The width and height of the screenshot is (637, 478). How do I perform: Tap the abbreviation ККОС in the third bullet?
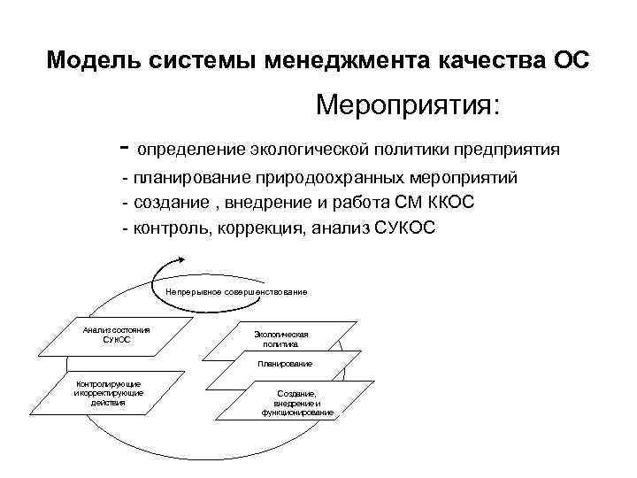point(449,203)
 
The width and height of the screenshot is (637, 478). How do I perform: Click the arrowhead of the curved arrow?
point(181,258)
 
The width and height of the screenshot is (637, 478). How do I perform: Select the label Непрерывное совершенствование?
point(236,291)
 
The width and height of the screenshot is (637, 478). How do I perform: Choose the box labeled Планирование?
point(284,364)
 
